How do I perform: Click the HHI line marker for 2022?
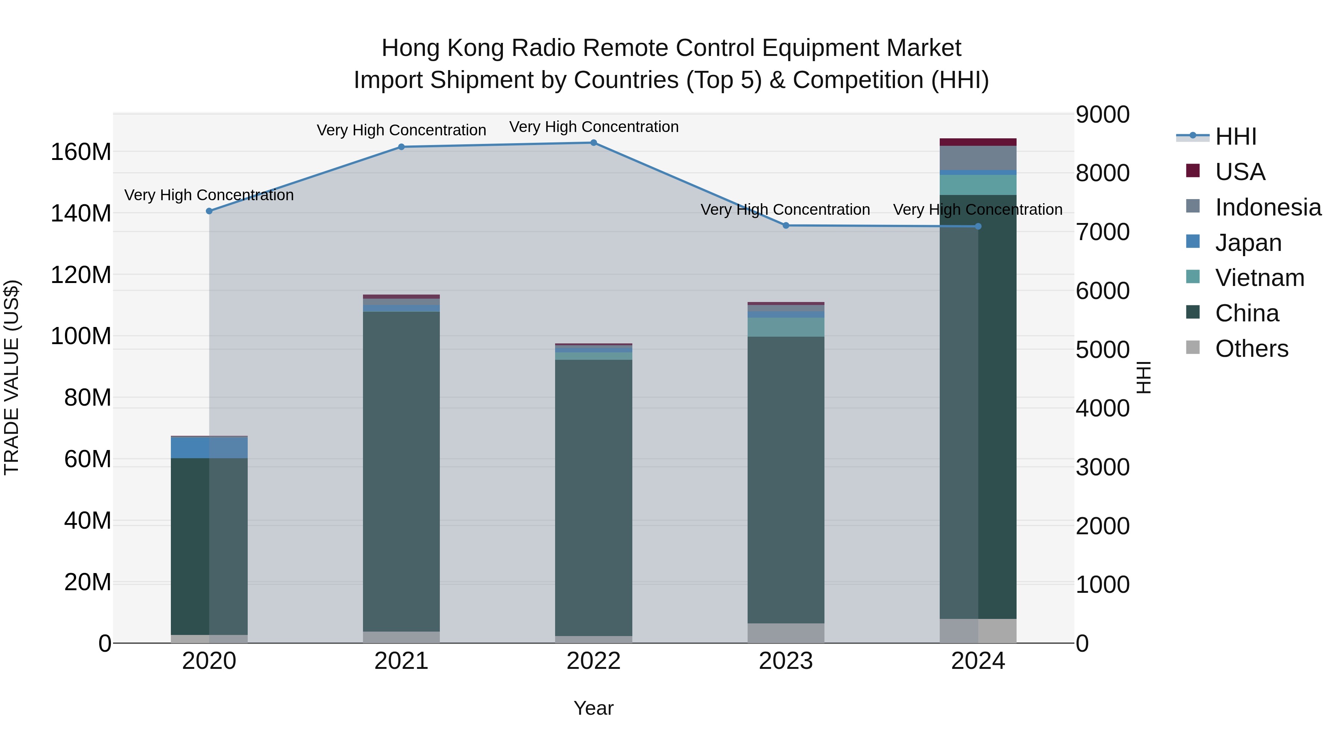click(x=593, y=143)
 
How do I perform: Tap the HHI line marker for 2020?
click(x=209, y=211)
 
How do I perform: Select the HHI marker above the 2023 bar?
click(x=786, y=226)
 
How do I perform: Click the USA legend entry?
click(x=1240, y=172)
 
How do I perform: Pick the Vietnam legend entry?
click(x=1259, y=278)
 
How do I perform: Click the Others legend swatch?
click(x=1192, y=347)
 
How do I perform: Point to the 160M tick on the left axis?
click(x=81, y=152)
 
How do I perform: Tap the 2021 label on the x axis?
click(x=401, y=661)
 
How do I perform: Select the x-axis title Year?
click(x=593, y=708)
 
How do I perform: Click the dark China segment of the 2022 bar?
click(x=593, y=495)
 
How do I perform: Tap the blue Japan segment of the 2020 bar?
click(x=209, y=447)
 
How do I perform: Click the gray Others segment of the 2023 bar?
click(x=786, y=633)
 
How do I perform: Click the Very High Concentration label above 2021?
click(x=401, y=130)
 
